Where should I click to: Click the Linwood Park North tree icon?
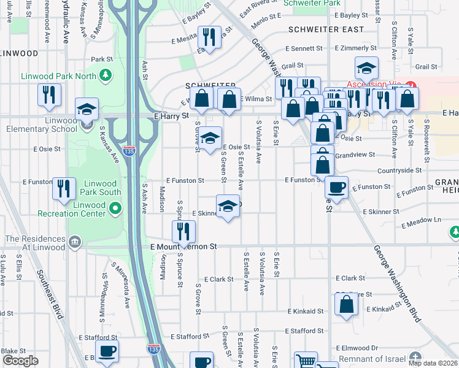pos(107,75)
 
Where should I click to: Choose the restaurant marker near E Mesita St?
pos(210,37)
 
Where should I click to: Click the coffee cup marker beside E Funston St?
pos(336,187)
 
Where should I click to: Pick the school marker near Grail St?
pos(366,67)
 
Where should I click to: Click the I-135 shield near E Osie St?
pos(129,150)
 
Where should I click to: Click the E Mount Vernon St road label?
pos(183,246)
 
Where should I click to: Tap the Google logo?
pos(20,361)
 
